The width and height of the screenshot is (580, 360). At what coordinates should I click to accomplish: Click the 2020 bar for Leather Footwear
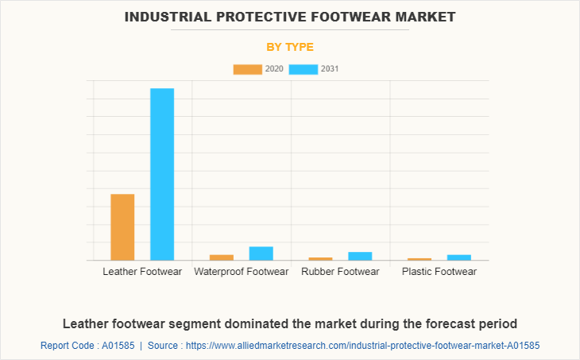pos(122,227)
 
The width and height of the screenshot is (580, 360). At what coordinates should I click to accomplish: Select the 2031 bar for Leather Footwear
pos(162,174)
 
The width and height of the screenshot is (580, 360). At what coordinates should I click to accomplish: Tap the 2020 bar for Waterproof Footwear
pos(221,257)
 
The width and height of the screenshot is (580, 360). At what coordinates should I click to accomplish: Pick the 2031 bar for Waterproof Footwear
pos(261,253)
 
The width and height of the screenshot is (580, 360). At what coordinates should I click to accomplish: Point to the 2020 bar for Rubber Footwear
pos(320,258)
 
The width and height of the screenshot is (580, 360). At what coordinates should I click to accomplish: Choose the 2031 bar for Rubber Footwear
pos(360,256)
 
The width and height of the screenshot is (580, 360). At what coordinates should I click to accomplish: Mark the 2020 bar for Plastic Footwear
pos(420,259)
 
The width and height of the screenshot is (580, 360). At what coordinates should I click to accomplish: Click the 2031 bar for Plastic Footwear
pos(459,257)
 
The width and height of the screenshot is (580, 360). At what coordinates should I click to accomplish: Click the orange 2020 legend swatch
pos(247,69)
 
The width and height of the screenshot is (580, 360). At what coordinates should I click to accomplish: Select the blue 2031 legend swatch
pos(304,69)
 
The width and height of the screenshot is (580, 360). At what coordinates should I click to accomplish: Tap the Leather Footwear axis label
pos(142,272)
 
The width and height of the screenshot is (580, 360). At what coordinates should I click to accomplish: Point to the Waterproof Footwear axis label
pos(241,272)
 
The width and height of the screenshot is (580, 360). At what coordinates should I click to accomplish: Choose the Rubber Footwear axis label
pos(340,272)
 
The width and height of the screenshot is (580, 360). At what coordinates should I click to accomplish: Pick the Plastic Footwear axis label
pos(439,272)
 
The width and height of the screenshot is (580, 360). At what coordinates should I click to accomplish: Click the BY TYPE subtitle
pos(290,47)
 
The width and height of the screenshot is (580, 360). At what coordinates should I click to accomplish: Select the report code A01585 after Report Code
pos(118,346)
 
